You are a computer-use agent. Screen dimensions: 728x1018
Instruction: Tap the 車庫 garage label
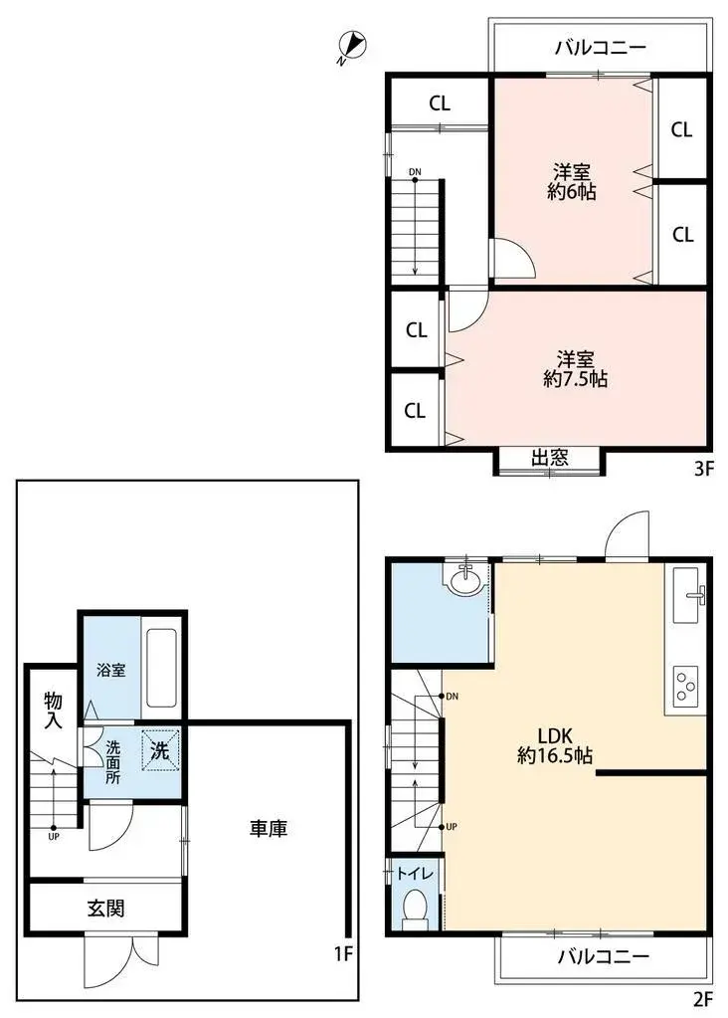[269, 828]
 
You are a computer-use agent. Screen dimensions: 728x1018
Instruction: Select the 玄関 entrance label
[105, 908]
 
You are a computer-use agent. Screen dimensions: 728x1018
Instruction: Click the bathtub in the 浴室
[161, 668]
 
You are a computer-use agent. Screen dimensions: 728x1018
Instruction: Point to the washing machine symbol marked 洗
[160, 750]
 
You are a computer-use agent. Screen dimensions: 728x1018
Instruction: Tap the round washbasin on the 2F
[464, 579]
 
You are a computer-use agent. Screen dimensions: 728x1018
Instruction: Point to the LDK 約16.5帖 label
[555, 745]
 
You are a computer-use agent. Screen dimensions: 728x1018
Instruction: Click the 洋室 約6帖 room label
[572, 182]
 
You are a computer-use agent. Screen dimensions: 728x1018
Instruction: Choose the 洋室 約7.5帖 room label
[576, 369]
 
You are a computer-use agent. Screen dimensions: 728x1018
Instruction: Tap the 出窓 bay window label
[550, 458]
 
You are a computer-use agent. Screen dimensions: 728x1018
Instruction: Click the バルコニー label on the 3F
[601, 48]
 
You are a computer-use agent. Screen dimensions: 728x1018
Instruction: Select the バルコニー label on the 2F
[604, 956]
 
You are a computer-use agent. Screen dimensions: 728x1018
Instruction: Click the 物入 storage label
[54, 711]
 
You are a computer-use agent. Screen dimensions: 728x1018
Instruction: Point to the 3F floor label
[704, 468]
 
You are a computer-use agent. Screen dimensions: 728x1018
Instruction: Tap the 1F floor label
[344, 953]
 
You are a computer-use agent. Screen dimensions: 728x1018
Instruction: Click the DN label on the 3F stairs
[415, 172]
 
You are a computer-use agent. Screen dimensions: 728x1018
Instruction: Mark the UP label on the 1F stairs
[54, 837]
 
